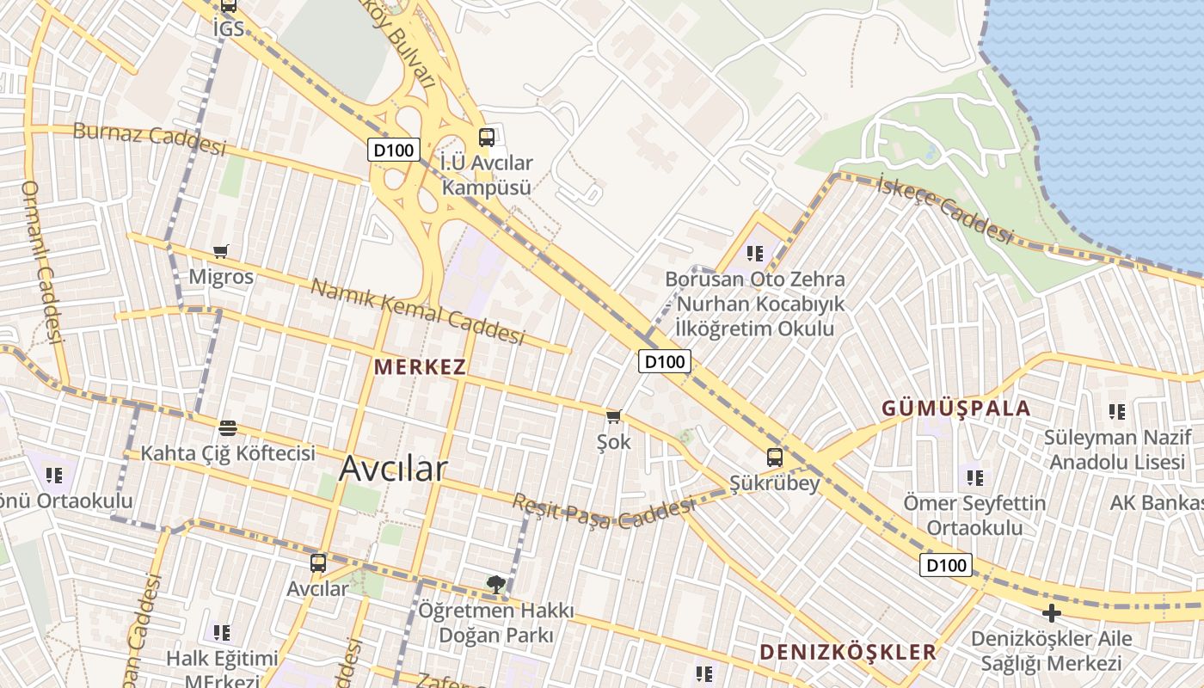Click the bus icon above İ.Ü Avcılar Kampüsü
pos(487,137)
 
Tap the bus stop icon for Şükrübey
pos(775,457)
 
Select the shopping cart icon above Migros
pos(221,251)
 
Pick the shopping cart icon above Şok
pos(613,417)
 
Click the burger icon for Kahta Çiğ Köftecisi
pos(228,427)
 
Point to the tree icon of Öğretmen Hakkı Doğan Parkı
pos(495,585)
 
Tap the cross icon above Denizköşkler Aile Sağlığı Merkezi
pos(1051,613)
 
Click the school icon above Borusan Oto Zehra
pos(755,253)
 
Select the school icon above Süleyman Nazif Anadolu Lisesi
pos(1116,411)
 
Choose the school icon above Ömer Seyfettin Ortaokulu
pos(974,476)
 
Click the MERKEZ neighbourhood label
pos(421,366)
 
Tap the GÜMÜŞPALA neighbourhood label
pos(955,408)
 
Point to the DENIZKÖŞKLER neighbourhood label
pos(847,652)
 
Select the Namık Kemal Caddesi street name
pos(417,311)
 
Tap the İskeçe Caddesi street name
pos(945,207)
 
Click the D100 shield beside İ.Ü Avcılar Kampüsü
pos(394,150)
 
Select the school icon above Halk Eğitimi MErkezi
pos(222,633)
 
